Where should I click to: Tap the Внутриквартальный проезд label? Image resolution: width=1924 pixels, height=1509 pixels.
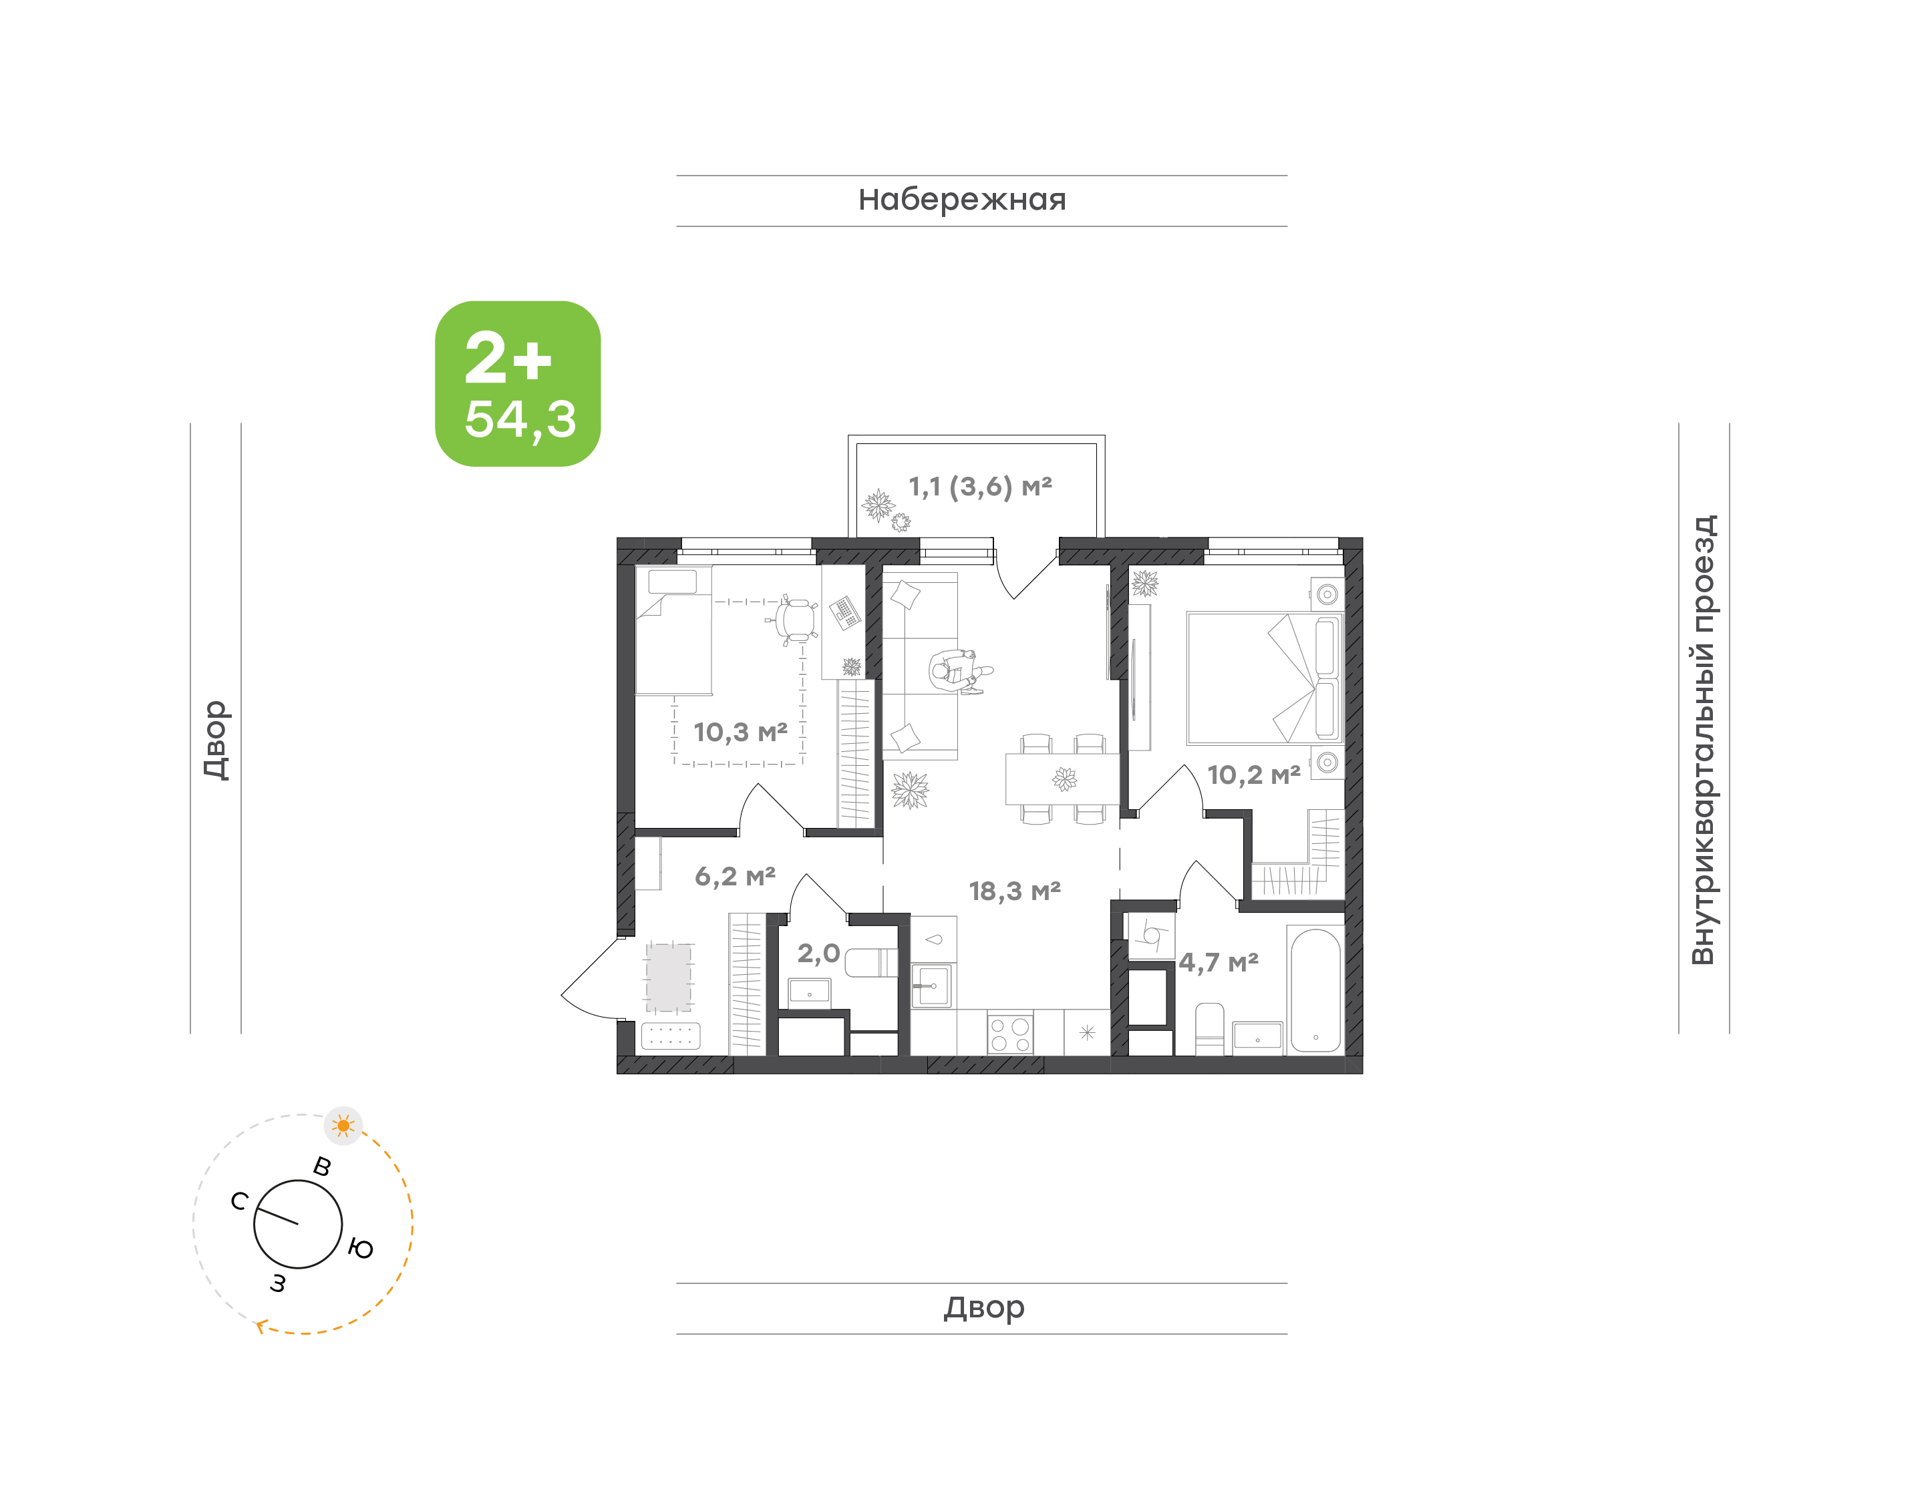(x=1702, y=738)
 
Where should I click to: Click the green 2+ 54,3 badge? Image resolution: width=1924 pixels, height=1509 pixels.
(x=518, y=383)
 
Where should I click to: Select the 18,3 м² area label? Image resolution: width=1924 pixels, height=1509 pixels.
(x=1015, y=891)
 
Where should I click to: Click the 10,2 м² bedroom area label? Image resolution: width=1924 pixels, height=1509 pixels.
(x=1253, y=775)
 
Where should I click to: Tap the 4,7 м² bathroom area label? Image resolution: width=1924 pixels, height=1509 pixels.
(x=1218, y=961)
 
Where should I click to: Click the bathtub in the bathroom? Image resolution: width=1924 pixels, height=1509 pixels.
(x=1315, y=990)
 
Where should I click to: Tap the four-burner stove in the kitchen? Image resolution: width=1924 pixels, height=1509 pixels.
(x=1010, y=1034)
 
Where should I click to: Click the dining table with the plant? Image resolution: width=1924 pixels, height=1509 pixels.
(x=1062, y=779)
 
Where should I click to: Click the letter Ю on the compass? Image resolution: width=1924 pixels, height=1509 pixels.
(x=361, y=1249)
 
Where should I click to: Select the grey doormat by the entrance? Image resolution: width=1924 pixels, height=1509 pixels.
(x=669, y=977)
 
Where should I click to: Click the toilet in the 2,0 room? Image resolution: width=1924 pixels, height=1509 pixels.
(x=870, y=962)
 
